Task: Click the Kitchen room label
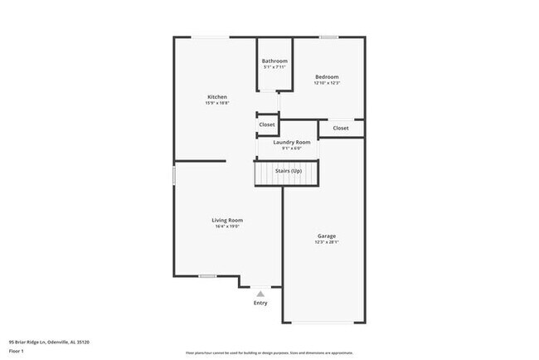(x=217, y=97)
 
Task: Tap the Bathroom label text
(x=274, y=61)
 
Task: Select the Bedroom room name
(x=327, y=77)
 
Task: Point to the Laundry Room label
(x=292, y=143)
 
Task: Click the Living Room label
(x=227, y=220)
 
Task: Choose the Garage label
(x=326, y=236)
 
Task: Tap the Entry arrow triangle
(x=260, y=293)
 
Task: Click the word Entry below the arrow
(x=260, y=303)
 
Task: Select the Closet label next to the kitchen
(x=267, y=124)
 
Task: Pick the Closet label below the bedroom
(x=341, y=129)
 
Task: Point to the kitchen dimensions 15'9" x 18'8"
(x=217, y=104)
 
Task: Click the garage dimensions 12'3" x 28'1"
(x=326, y=243)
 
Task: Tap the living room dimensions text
(x=227, y=226)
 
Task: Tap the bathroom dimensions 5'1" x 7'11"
(x=274, y=67)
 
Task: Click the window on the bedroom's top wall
(x=329, y=36)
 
